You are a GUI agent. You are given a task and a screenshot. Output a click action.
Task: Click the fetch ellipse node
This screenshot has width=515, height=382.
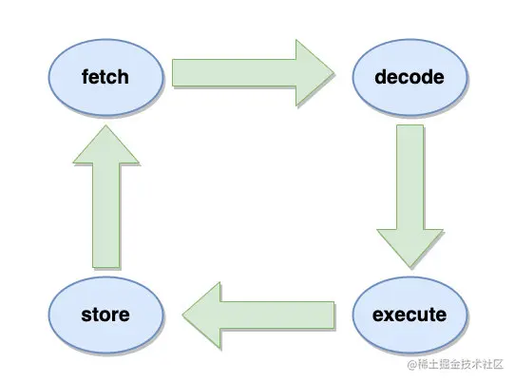(x=105, y=77)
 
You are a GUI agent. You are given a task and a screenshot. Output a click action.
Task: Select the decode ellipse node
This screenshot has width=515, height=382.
(x=410, y=77)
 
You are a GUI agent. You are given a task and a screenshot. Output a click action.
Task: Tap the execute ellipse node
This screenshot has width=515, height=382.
(x=410, y=315)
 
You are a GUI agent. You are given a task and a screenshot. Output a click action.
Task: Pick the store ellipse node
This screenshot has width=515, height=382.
(x=105, y=315)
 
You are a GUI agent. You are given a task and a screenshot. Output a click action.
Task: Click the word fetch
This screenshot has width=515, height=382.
(x=105, y=77)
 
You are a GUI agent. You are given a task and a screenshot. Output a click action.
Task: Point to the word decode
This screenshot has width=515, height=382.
(x=410, y=77)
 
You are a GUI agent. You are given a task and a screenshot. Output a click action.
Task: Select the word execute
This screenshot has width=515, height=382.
(x=410, y=315)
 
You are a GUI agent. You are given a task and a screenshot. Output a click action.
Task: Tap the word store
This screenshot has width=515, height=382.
(x=105, y=315)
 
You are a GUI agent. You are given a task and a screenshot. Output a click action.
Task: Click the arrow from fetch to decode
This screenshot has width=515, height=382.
(x=253, y=72)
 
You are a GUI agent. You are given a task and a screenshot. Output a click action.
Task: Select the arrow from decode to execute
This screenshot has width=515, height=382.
(x=410, y=196)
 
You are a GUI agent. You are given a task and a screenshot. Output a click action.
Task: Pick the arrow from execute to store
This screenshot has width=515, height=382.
(x=258, y=315)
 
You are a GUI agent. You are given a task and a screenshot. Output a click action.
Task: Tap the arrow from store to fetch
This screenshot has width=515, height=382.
(x=105, y=197)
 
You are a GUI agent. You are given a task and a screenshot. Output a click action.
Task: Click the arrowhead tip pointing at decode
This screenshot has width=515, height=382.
(x=334, y=72)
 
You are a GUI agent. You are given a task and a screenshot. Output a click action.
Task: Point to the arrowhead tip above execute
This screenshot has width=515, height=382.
(x=410, y=267)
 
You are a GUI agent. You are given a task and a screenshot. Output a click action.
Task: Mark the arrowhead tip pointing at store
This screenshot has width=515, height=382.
(x=183, y=315)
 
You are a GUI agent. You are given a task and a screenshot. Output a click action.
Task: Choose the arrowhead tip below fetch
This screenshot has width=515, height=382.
(x=105, y=125)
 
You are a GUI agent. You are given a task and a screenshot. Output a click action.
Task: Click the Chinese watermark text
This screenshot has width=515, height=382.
(x=461, y=364)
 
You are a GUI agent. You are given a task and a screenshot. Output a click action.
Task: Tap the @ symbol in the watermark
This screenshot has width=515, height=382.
(x=412, y=364)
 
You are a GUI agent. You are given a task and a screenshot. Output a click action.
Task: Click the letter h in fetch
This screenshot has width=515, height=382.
(x=124, y=77)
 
